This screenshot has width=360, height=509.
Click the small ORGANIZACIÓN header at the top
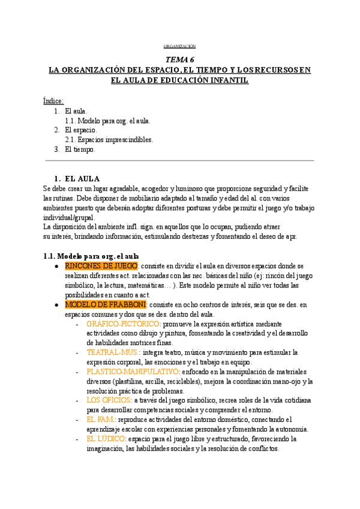pyautogui.click(x=179, y=46)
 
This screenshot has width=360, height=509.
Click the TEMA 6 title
pyautogui.click(x=180, y=59)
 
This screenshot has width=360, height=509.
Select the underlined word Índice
pyautogui.click(x=53, y=100)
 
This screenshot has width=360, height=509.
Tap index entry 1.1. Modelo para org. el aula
pyautogui.click(x=107, y=120)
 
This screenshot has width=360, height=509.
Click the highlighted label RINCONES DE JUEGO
pyautogui.click(x=101, y=266)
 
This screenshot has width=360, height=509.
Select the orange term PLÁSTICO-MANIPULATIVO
pyautogui.click(x=133, y=372)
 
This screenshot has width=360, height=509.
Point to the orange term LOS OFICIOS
pyautogui.click(x=109, y=400)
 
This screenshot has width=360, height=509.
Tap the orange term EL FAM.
pyautogui.click(x=100, y=420)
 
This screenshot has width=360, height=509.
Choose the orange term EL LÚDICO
pyautogui.click(x=106, y=439)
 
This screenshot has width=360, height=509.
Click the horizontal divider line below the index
pyautogui.click(x=179, y=161)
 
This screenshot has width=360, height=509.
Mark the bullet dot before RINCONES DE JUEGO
pyautogui.click(x=56, y=266)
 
